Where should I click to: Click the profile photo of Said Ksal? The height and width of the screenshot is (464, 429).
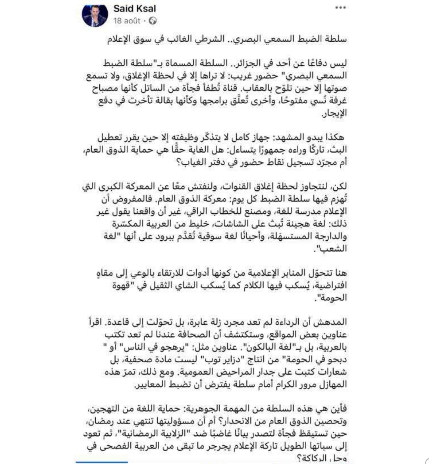coord(95,15)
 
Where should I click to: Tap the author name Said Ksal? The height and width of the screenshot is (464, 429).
coord(135,8)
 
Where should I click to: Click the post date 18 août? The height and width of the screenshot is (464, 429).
coord(127,21)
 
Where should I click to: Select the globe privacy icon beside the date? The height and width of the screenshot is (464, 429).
coord(152,21)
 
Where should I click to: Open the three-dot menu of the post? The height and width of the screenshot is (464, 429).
coord(340,8)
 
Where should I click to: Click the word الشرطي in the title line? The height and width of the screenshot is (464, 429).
coord(213,40)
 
